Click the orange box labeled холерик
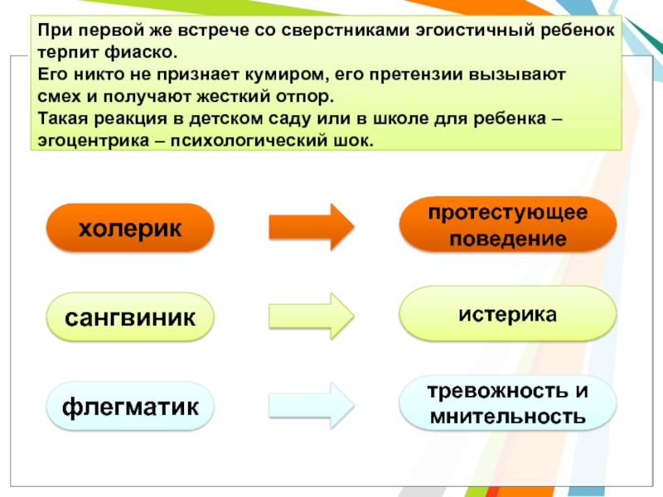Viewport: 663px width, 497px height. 130,227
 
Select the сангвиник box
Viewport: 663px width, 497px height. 130,316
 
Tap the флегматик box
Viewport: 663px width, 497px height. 130,406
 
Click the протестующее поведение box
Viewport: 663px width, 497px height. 508,225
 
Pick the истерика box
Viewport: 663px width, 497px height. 508,315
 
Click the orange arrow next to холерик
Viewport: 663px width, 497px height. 312,226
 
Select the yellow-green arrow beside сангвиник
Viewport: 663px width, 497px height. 312,316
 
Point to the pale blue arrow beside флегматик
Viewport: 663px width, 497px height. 312,405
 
